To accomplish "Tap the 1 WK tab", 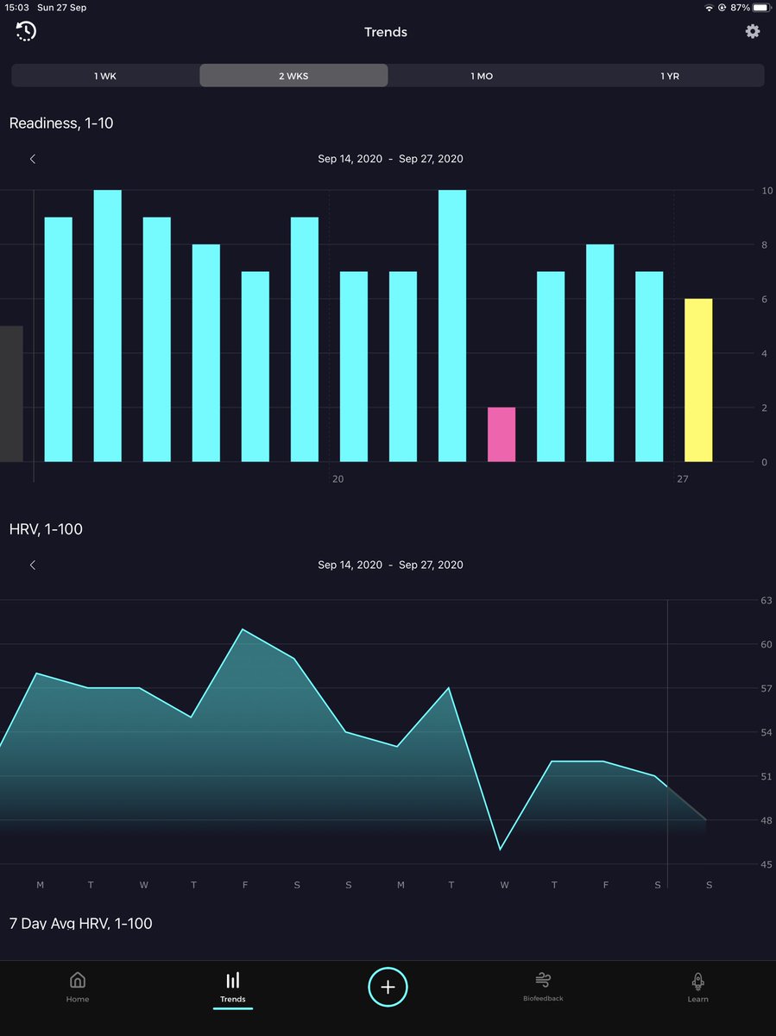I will pos(105,76).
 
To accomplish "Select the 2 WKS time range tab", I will pos(293,76).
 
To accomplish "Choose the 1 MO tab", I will pos(482,76).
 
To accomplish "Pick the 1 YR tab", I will pos(670,76).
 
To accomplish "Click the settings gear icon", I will pos(753,32).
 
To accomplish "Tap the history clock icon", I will pos(26,32).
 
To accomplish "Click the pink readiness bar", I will pos(502,434).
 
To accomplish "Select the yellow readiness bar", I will pos(698,380).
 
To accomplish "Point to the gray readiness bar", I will pos(10,394).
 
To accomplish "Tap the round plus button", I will pos(388,987).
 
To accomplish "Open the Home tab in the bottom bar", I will pos(78,986).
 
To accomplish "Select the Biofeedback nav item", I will pos(543,986).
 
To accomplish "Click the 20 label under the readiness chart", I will pos(338,479).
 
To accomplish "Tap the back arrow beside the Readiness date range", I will pos(33,159).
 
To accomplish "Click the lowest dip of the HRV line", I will pos(501,850).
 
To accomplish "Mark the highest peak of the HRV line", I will pos(243,629).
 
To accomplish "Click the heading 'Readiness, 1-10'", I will pos(61,123).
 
